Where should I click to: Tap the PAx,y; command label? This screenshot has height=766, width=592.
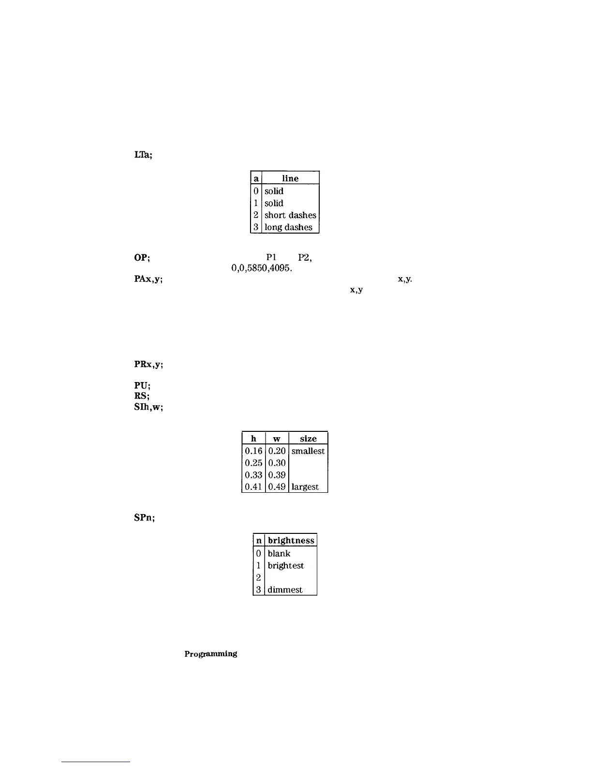tap(148, 280)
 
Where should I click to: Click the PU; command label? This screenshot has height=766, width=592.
tap(142, 386)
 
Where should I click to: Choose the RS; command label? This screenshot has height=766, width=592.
tap(142, 396)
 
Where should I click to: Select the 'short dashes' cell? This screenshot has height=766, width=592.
tap(290, 215)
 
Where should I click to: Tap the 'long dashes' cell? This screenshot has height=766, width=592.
tap(288, 227)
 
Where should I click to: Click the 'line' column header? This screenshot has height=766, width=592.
tap(290, 178)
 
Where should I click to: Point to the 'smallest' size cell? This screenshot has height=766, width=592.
tap(308, 451)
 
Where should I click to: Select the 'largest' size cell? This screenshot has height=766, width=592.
tap(305, 487)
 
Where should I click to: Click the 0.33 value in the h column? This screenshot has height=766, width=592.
tap(253, 475)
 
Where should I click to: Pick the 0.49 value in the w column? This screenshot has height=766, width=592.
tap(277, 487)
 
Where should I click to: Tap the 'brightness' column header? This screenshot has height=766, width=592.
tap(291, 541)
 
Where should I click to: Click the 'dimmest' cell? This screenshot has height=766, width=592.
tap(285, 590)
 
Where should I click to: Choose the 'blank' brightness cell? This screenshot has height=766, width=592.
tap(279, 554)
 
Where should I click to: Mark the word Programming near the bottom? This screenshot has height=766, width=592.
tap(210, 654)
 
